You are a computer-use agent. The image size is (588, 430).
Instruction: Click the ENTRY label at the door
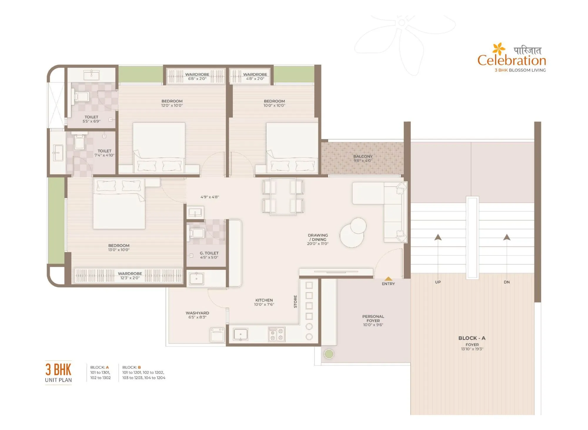tap(388, 284)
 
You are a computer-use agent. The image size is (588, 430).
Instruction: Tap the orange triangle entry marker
tap(388, 279)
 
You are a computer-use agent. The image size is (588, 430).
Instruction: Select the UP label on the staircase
tap(438, 282)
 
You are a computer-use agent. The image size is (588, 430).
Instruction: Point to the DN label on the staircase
tap(507, 282)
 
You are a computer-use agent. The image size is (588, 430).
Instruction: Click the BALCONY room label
tap(363, 156)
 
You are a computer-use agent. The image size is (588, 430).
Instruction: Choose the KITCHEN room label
tap(264, 300)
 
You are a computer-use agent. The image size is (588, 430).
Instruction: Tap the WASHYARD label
tap(197, 313)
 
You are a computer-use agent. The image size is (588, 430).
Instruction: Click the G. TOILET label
tap(209, 253)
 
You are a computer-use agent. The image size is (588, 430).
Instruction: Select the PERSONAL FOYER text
tap(373, 319)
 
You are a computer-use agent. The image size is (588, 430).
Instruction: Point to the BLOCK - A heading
tap(472, 338)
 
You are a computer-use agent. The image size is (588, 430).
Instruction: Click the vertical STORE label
tap(295, 301)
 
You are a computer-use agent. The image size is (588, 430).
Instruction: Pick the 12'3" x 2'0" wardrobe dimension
tap(130, 278)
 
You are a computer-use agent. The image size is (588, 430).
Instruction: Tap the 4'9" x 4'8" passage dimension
tap(210, 197)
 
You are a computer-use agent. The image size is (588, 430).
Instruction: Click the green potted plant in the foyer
tap(329, 354)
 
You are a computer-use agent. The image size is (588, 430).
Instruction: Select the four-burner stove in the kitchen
tap(277, 334)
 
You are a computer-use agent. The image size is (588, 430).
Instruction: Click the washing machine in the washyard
tap(217, 335)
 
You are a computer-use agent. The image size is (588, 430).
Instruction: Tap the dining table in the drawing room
tap(283, 196)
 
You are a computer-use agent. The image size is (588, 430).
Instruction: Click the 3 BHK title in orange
tap(58, 370)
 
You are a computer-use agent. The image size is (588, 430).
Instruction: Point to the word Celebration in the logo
tap(512, 60)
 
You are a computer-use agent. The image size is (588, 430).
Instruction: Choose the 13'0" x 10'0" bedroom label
tap(119, 250)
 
